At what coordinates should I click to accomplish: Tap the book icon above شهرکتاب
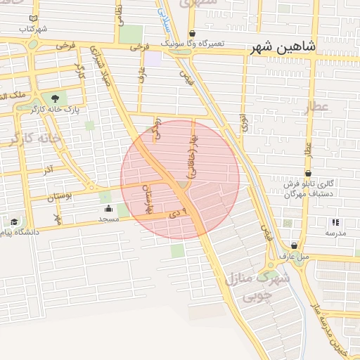(x=34, y=18)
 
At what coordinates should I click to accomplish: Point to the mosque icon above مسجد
(x=108, y=208)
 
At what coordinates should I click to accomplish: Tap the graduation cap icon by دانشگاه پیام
(x=14, y=221)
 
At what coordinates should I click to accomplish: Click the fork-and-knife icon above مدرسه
(x=335, y=221)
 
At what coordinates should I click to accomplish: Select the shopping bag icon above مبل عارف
(x=294, y=245)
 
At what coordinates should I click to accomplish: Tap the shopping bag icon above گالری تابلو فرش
(x=308, y=173)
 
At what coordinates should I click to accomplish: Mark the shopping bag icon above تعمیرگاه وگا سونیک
(x=192, y=32)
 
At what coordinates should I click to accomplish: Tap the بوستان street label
(x=61, y=198)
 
